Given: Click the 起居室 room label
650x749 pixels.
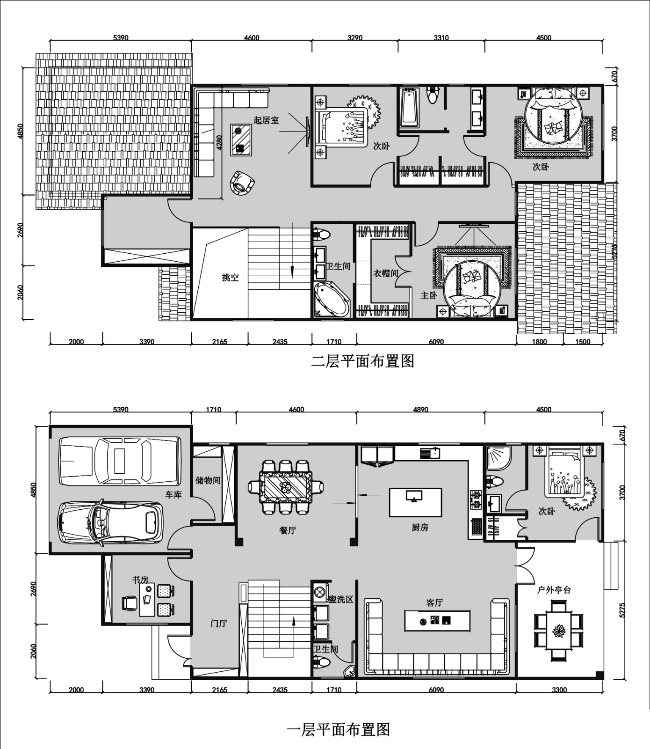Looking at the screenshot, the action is [266, 120].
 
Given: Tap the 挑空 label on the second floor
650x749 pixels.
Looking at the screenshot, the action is [230, 278].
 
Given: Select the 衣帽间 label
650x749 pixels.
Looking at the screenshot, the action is [385, 273].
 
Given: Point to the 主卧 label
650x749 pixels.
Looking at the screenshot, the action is [429, 295].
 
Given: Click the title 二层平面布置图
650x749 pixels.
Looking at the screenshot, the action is [363, 361].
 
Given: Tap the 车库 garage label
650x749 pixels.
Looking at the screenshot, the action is [173, 494].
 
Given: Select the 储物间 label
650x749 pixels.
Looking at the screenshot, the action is [208, 481].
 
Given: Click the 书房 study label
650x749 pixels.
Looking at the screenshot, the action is [140, 580].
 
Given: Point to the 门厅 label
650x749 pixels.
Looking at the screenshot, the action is [219, 624].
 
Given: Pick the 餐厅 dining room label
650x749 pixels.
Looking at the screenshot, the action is [288, 530].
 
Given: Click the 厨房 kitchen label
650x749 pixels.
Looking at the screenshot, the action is [420, 528].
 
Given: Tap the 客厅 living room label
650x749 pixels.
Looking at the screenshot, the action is [434, 603].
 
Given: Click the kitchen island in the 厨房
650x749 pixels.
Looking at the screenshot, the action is [415, 502].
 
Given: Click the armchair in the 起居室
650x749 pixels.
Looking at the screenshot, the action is [242, 183].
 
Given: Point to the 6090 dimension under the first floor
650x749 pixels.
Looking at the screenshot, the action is [436, 690].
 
